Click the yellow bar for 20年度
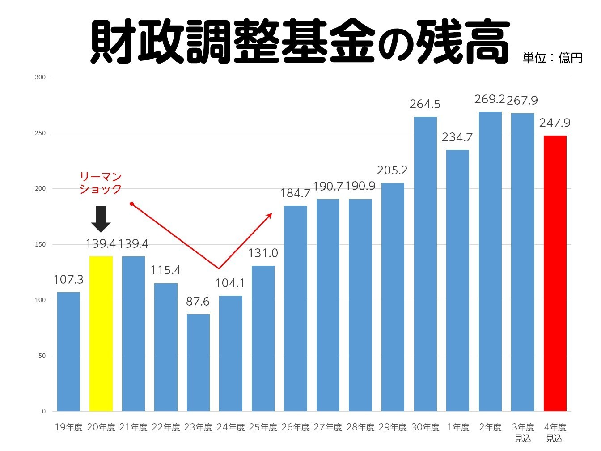(101, 333)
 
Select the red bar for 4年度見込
(555, 273)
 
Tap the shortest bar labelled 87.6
(198, 362)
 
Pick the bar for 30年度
(425, 264)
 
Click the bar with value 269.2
(490, 261)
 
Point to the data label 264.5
(425, 104)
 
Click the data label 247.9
(555, 123)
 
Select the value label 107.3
(68, 280)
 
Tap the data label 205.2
(392, 170)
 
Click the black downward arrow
(101, 219)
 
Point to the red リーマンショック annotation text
(101, 183)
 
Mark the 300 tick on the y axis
(40, 77)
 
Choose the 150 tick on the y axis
(40, 244)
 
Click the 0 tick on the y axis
(44, 411)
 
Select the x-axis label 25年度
(263, 427)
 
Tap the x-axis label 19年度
(68, 427)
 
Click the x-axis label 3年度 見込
(523, 433)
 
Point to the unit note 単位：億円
(552, 58)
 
